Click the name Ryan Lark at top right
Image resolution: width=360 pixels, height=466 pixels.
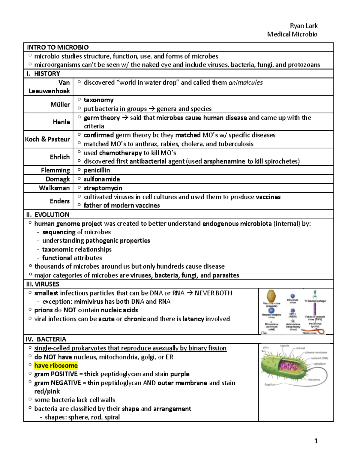click(304, 26)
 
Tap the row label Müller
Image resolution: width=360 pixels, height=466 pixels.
click(60, 104)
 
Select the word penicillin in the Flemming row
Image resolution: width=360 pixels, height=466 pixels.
click(97, 170)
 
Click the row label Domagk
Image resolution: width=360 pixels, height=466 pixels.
click(58, 179)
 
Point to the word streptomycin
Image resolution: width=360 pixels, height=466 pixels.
click(103, 188)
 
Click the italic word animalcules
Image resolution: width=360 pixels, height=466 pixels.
click(245, 83)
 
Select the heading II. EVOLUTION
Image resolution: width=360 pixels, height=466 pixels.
click(48, 215)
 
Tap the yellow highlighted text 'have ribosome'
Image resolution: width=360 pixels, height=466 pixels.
click(56, 365)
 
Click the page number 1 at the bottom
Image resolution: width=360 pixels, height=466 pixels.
click(316, 441)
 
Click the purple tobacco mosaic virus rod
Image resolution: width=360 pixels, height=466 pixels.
click(315, 309)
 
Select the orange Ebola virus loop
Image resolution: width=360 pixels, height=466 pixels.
click(319, 331)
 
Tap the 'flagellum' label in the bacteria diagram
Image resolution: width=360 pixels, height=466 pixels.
click(270, 384)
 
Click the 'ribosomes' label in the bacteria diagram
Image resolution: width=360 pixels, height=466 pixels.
click(314, 380)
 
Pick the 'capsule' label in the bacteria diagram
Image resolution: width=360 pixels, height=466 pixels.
click(285, 346)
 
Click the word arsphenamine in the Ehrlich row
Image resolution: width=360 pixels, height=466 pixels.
click(224, 161)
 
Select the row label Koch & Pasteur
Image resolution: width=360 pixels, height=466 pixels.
click(47, 139)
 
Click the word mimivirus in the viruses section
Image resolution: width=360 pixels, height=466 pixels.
click(88, 302)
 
